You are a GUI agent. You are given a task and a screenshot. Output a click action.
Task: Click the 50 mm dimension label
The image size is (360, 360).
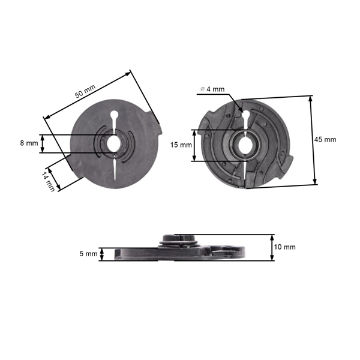point(85,92)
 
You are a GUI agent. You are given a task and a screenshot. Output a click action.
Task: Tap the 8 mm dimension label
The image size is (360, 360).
point(28,143)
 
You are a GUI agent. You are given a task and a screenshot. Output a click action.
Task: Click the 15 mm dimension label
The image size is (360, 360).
point(181,145)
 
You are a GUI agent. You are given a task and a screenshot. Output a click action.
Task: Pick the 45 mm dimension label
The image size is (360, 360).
point(325,139)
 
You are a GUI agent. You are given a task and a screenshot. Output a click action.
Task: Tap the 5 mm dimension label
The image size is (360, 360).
point(88,254)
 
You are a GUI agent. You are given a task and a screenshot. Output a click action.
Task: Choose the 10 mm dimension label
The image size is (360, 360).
point(285,247)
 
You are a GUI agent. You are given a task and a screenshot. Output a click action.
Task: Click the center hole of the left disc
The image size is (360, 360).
point(114,143)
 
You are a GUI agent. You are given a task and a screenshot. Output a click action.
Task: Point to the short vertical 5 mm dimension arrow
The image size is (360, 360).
point(102,254)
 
